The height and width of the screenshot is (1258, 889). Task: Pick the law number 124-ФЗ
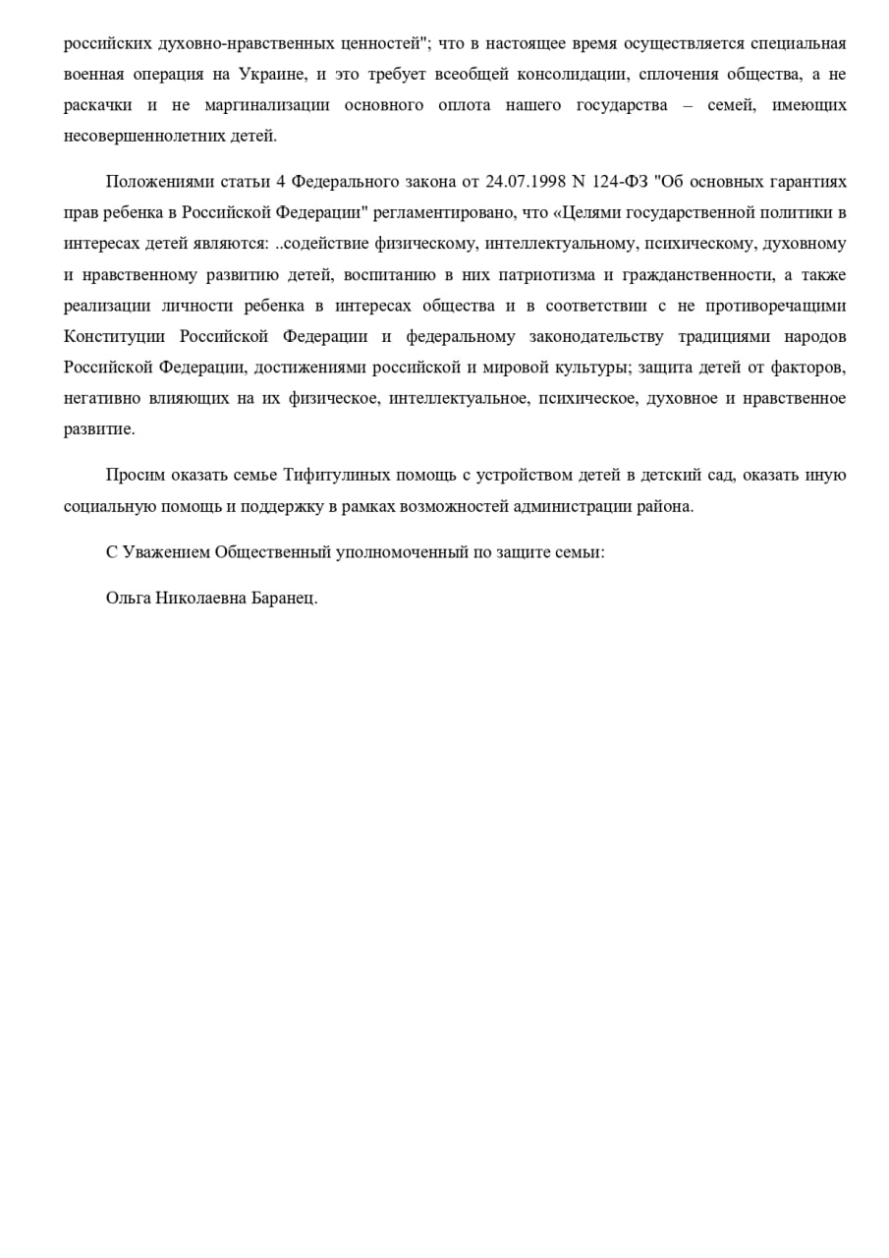[620, 182]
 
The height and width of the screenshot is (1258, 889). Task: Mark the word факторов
[810, 367]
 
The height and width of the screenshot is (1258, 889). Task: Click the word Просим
[135, 476]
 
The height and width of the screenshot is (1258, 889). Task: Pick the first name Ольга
[128, 598]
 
